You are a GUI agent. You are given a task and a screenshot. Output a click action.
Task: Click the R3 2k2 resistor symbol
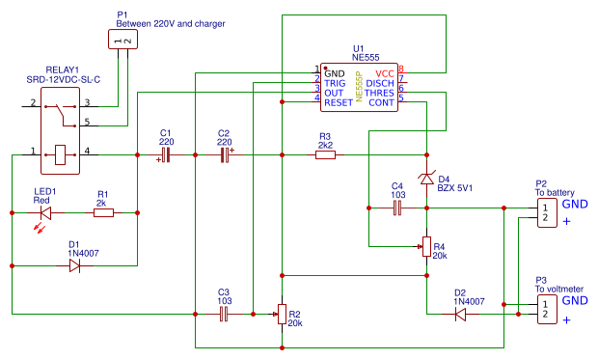click(x=325, y=154)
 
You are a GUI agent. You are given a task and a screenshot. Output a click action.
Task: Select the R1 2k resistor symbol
click(x=103, y=212)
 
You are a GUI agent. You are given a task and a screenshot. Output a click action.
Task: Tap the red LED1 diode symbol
click(x=44, y=212)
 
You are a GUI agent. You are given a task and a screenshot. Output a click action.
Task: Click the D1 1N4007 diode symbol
click(x=74, y=266)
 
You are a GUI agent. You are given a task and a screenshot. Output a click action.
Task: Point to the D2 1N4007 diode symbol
click(x=460, y=313)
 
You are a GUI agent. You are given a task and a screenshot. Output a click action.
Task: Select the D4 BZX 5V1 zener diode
click(x=426, y=179)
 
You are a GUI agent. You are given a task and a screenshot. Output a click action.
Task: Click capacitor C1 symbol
click(x=165, y=154)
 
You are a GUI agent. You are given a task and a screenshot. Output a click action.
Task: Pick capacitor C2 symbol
click(x=226, y=154)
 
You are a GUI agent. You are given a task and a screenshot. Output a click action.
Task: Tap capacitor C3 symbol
click(x=224, y=313)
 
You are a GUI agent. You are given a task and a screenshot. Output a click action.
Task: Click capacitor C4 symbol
click(x=396, y=207)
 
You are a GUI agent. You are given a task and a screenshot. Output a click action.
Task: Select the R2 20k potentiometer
click(x=282, y=313)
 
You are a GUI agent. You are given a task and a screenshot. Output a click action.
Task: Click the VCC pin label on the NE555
click(x=384, y=73)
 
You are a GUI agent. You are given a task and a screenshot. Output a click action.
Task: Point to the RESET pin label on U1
click(x=339, y=102)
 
